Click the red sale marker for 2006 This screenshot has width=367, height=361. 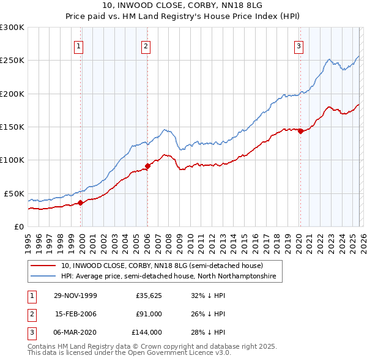147,166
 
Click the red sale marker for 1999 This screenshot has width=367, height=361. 81,203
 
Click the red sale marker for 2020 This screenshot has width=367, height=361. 300,131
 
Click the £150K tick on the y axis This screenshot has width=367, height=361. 12,127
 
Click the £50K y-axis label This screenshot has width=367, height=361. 13,193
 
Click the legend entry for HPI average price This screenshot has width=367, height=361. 168,277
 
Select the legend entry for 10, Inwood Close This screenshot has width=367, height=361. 161,266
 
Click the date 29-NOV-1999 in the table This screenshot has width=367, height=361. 75,296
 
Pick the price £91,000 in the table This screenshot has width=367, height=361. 149,314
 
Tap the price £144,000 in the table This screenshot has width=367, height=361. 147,332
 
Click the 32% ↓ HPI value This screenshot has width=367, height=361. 208,296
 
